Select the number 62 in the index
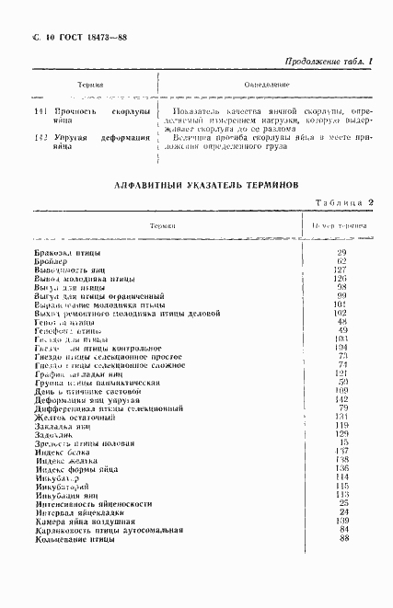tap(341, 261)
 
